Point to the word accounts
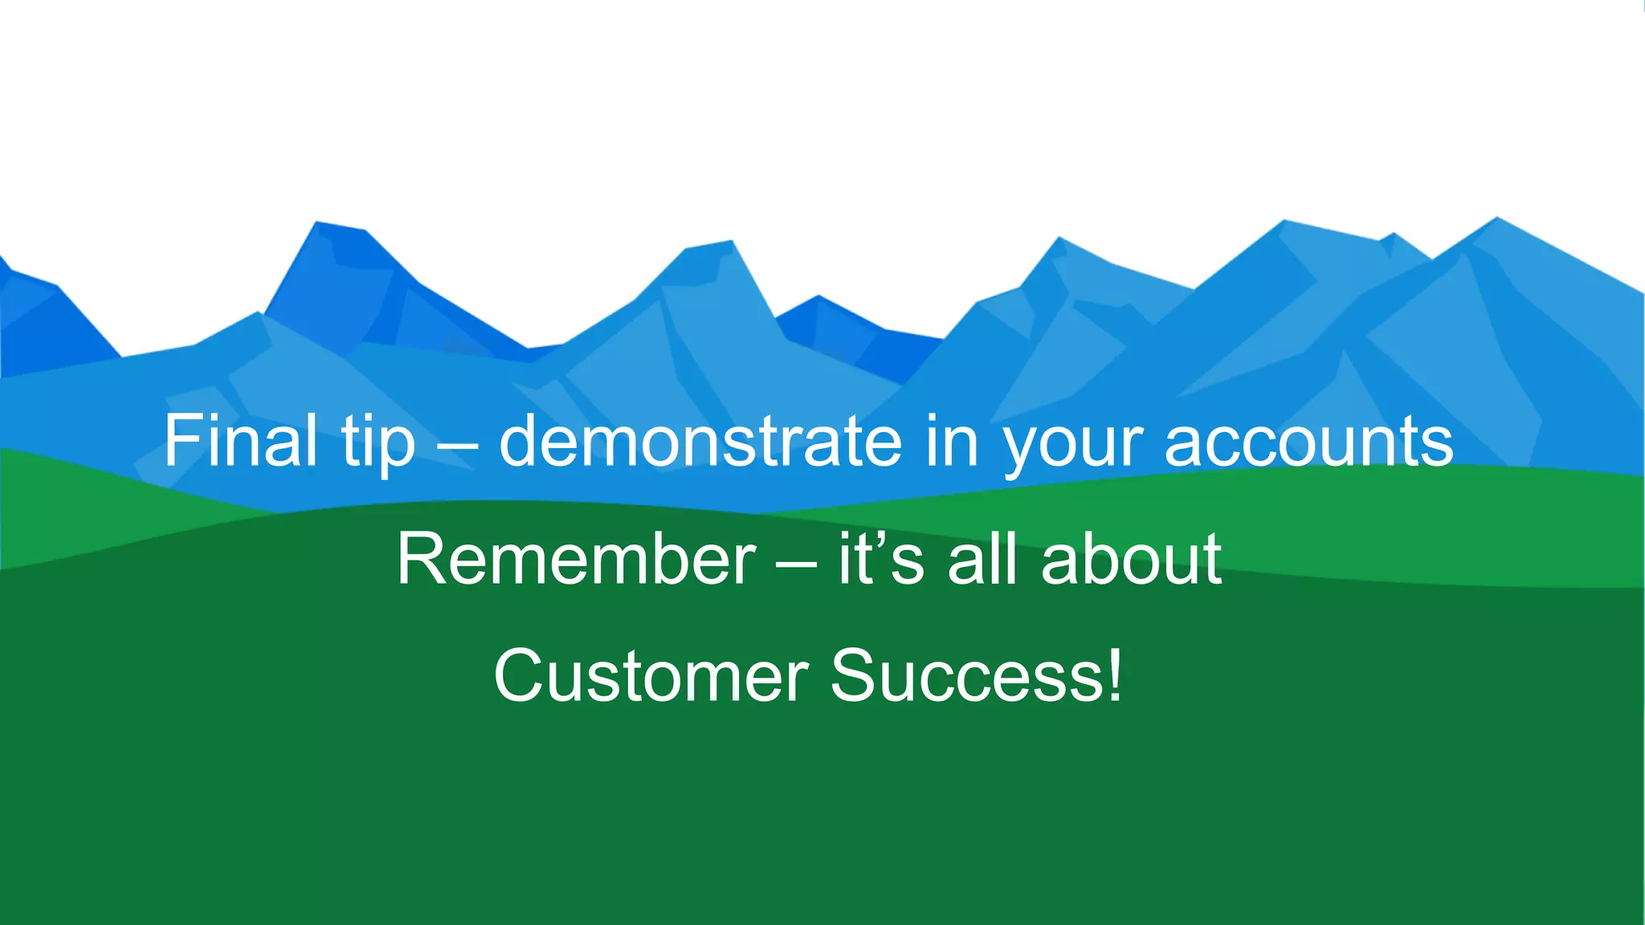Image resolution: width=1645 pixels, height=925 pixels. tap(1308, 442)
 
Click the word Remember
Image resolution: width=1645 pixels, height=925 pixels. tap(576, 559)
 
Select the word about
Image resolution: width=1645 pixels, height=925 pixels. tap(1132, 559)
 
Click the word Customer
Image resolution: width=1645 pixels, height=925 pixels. tap(651, 676)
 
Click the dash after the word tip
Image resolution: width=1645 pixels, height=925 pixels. tap(457, 446)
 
